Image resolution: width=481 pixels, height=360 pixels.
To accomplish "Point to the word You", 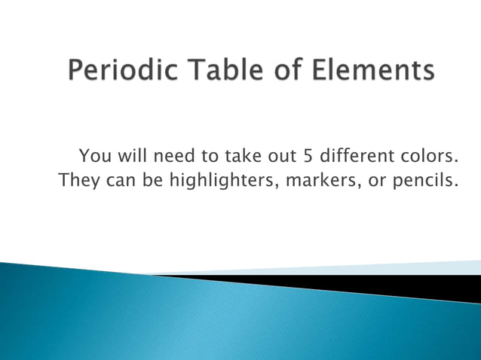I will pos(93,157).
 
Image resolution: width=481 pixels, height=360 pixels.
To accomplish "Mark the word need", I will pos(173,157).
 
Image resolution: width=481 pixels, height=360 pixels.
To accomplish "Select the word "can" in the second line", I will pos(121,182).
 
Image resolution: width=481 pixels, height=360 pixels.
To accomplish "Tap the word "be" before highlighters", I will pos(156,181).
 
